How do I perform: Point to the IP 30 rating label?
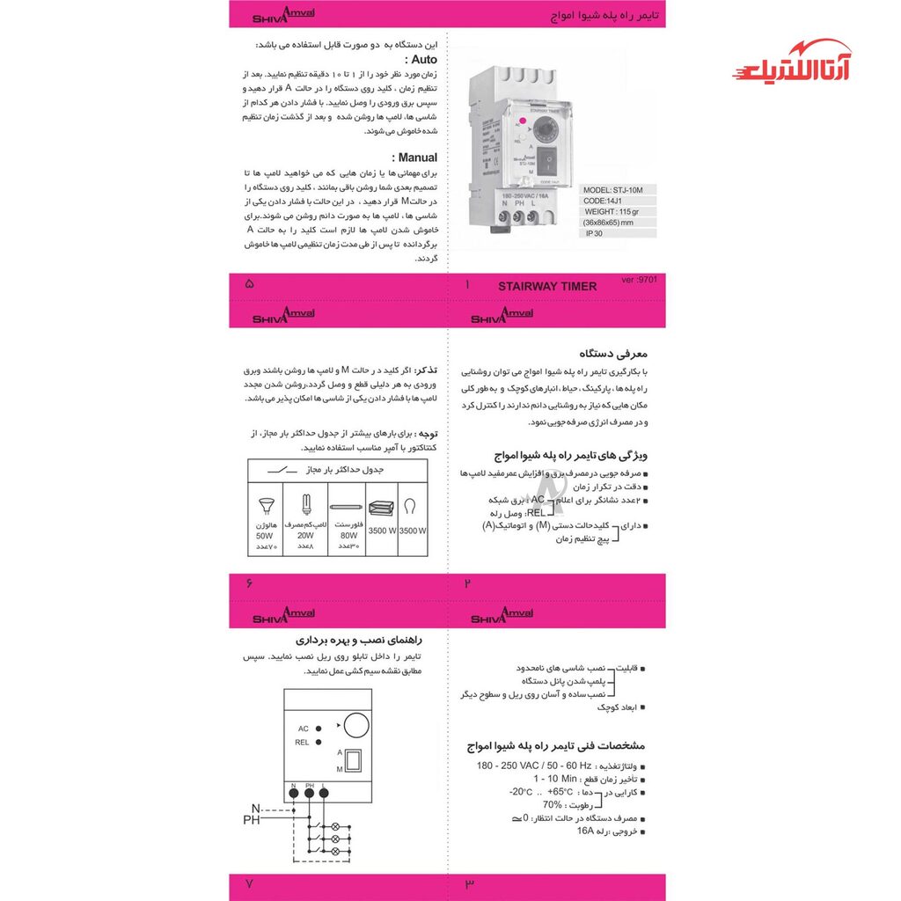(x=596, y=234)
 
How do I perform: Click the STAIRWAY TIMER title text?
(x=546, y=286)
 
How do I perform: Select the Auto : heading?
(x=419, y=59)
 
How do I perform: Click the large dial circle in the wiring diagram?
(x=355, y=725)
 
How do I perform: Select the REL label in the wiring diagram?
(x=302, y=743)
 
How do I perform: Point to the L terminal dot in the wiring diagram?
(x=324, y=792)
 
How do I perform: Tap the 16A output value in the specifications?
(x=586, y=831)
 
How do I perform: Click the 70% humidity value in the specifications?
(x=552, y=804)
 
